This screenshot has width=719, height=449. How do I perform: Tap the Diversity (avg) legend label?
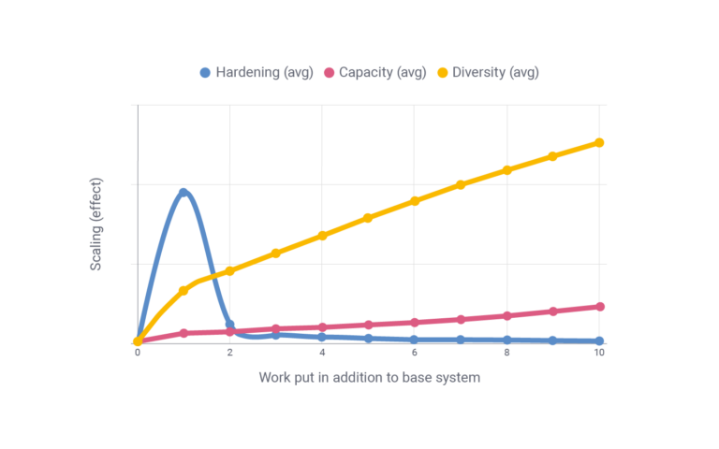pyautogui.click(x=495, y=72)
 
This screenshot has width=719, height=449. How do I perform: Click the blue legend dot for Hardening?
pyautogui.click(x=206, y=72)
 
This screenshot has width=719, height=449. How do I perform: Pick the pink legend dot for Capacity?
pyautogui.click(x=329, y=72)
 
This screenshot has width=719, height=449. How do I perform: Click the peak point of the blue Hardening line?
pyautogui.click(x=183, y=192)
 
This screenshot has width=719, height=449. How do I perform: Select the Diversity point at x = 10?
pyautogui.click(x=599, y=142)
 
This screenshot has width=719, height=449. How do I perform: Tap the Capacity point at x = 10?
pyautogui.click(x=599, y=307)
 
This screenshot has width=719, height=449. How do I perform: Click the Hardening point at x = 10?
pyautogui.click(x=599, y=341)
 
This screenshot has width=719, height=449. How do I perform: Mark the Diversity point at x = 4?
pyautogui.click(x=322, y=235)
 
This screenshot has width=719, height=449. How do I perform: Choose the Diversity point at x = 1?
pyautogui.click(x=183, y=290)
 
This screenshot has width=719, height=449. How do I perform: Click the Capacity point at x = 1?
pyautogui.click(x=183, y=333)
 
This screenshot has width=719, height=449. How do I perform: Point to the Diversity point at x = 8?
pyautogui.click(x=506, y=169)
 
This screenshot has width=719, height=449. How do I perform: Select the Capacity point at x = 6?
pyautogui.click(x=415, y=323)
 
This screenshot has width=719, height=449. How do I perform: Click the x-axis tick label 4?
pyautogui.click(x=322, y=354)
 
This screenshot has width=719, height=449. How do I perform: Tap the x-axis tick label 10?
pyautogui.click(x=599, y=354)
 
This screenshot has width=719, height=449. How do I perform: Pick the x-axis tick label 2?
pyautogui.click(x=229, y=354)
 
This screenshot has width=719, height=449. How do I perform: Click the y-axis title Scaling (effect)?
pyautogui.click(x=96, y=224)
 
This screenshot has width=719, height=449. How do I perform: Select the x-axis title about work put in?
pyautogui.click(x=369, y=378)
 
